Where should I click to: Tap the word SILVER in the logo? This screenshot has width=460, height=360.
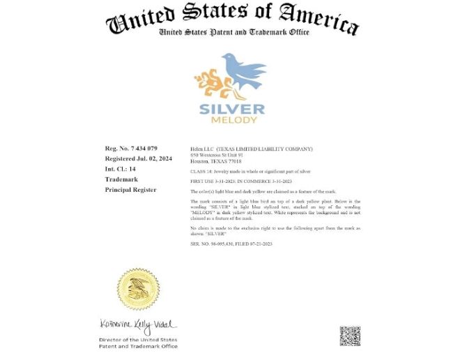coord(232,109)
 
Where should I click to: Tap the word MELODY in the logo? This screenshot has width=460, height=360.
coord(233,119)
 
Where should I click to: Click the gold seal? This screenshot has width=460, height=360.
coord(138,289)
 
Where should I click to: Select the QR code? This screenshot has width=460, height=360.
coord(350,336)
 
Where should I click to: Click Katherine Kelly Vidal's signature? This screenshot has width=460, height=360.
coord(138,325)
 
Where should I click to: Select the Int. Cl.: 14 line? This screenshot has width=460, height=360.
coord(121,169)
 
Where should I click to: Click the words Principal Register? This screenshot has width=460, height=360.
coord(130,190)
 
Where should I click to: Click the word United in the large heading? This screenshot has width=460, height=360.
coord(139,20)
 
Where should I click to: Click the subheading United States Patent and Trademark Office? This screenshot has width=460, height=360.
coord(233,32)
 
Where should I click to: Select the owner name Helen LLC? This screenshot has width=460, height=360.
coord(202,149)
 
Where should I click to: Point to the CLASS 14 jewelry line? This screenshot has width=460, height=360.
coord(250,172)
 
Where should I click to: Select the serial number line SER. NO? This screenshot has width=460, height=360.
coord(231,244)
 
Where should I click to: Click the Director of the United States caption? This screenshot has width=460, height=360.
coord(138,340)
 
